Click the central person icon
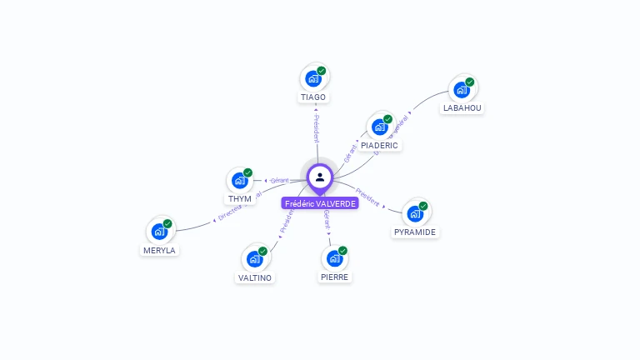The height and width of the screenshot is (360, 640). [x=320, y=177]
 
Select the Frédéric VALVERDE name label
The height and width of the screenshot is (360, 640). [x=320, y=203]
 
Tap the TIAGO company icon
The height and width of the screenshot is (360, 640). [x=313, y=78]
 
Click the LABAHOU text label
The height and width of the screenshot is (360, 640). [x=462, y=108]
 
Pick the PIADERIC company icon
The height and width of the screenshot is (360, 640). [x=380, y=127]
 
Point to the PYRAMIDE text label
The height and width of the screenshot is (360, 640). [x=415, y=232]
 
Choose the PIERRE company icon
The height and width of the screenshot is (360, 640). [x=334, y=258]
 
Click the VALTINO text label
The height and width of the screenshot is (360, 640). [x=255, y=277]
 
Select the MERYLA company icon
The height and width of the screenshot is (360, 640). [x=159, y=232]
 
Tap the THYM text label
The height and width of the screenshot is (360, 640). [x=240, y=199]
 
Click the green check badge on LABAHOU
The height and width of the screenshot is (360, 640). [x=470, y=82]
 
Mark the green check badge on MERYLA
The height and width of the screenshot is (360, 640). [x=167, y=223]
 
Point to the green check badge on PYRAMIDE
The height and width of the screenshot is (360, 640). [x=423, y=206]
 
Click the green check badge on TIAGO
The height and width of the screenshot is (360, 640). [x=322, y=71]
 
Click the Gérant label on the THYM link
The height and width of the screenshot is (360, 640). [x=279, y=180]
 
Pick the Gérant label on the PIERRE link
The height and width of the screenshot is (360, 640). [x=327, y=221]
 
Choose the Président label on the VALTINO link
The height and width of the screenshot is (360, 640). [x=286, y=220]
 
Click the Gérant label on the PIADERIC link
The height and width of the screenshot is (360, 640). [x=350, y=153]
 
